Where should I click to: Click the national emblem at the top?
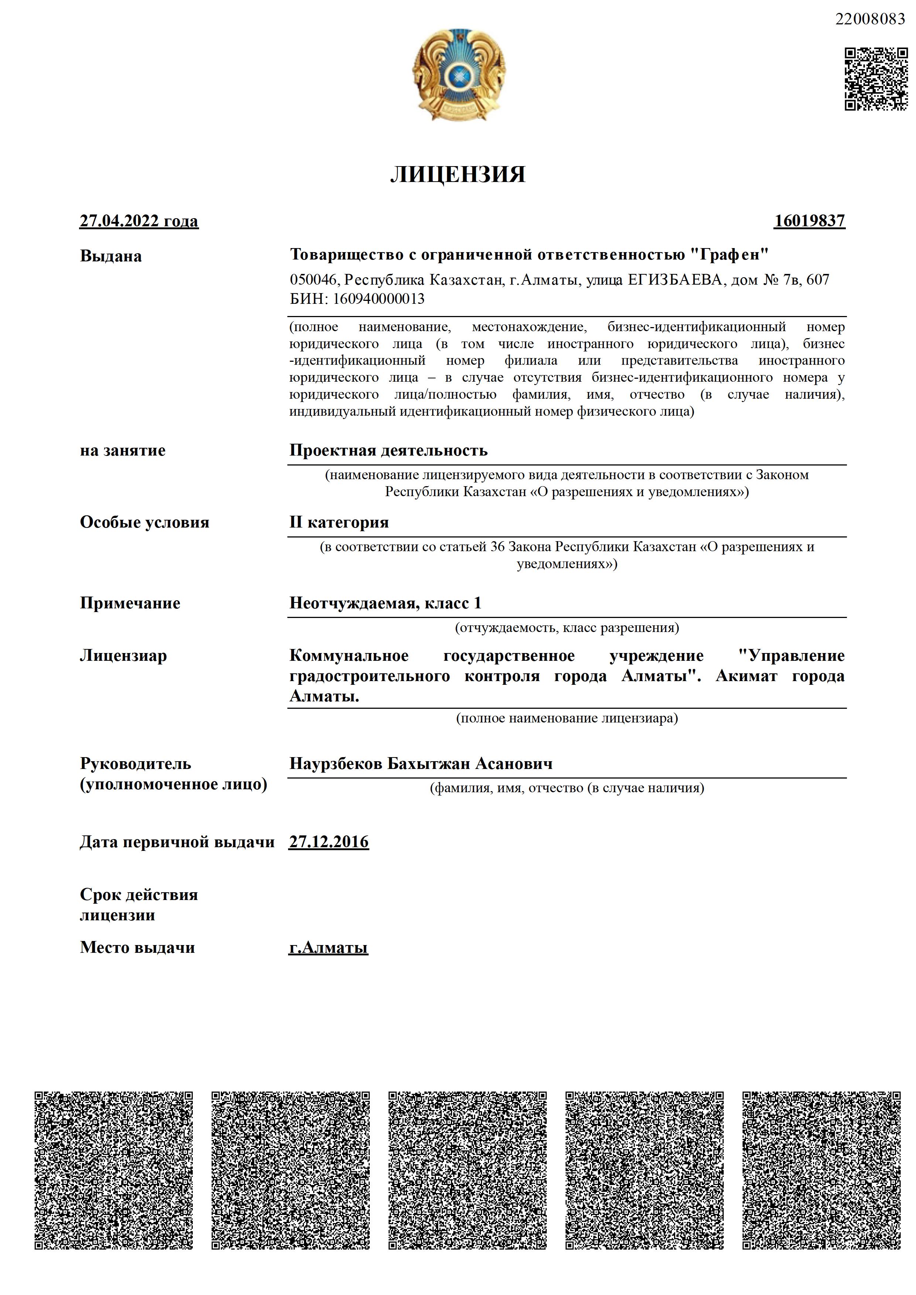tap(458, 75)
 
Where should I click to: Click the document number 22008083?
tap(870, 19)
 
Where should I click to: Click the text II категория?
tap(339, 522)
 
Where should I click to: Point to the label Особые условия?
tap(144, 522)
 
